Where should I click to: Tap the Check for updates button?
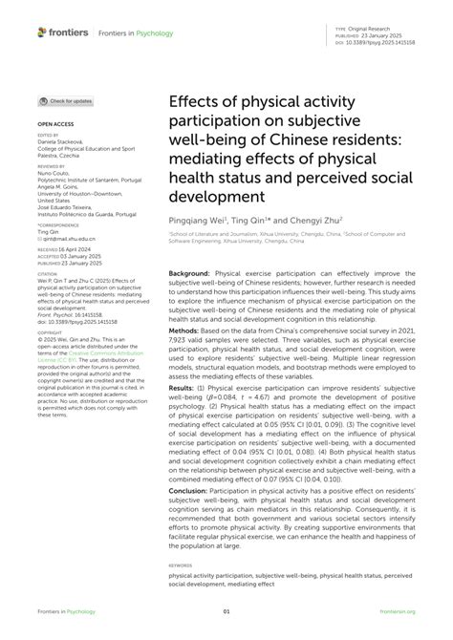pos(66,100)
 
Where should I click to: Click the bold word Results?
pos(184,416)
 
